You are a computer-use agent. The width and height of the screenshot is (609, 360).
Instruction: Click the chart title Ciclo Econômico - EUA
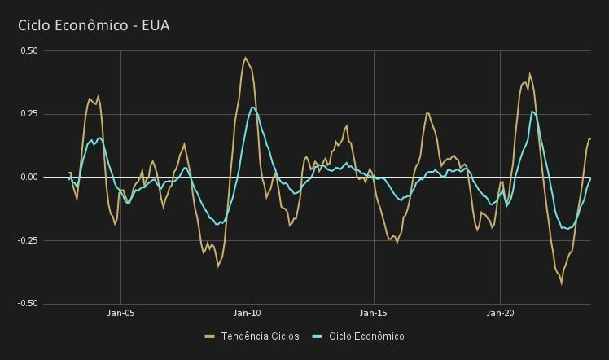click(94, 25)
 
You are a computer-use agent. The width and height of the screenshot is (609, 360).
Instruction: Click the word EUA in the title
click(156, 25)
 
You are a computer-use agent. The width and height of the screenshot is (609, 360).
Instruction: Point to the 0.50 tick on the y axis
click(28, 50)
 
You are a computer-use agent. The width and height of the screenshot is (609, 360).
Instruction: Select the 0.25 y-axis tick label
click(28, 114)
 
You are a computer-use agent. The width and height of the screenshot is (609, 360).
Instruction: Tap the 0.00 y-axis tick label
click(28, 177)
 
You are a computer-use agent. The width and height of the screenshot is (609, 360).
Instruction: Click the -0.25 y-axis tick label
click(27, 240)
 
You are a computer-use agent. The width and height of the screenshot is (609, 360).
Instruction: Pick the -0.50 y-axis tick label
click(27, 303)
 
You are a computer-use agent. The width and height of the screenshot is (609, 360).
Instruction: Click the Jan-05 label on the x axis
click(120, 313)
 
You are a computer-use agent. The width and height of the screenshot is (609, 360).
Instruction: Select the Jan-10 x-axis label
click(248, 313)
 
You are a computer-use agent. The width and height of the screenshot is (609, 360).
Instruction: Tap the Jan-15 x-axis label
click(374, 313)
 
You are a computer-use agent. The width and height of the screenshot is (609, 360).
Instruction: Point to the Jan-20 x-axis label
click(500, 313)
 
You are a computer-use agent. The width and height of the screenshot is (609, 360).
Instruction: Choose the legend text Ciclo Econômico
click(366, 336)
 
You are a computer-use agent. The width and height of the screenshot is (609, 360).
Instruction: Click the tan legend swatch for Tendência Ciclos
click(210, 336)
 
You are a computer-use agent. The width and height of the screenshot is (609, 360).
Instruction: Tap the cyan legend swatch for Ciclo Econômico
click(318, 336)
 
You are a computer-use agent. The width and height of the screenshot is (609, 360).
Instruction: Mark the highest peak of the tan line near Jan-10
click(245, 58)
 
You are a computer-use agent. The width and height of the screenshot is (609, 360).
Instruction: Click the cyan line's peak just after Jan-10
click(252, 108)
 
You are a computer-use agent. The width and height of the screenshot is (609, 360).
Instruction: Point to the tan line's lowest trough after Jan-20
click(561, 283)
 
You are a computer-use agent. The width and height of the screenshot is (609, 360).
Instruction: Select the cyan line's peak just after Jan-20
click(532, 112)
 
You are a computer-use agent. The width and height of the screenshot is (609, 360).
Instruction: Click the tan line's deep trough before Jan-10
click(217, 266)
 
